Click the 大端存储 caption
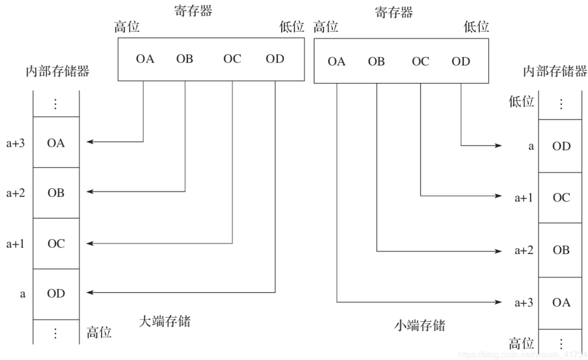tap(165, 321)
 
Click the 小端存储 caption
tap(419, 325)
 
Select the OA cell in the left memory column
tap(56, 142)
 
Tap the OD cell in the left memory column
tap(56, 294)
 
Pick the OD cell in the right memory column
tap(560, 146)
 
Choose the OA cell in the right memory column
tap(560, 303)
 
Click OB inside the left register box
tap(185, 59)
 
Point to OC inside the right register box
tap(420, 61)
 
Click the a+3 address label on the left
tap(16, 143)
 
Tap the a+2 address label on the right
tap(524, 250)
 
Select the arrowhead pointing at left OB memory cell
tap(90, 192)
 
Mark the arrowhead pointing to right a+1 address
tap(498, 196)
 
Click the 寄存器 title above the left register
tap(193, 11)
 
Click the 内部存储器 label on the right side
tap(555, 71)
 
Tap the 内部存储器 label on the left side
tap(57, 71)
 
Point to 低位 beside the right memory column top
tap(521, 101)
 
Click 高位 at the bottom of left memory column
tap(99, 332)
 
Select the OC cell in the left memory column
tap(56, 243)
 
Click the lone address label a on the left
tap(23, 294)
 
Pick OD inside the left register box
tap(275, 59)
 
